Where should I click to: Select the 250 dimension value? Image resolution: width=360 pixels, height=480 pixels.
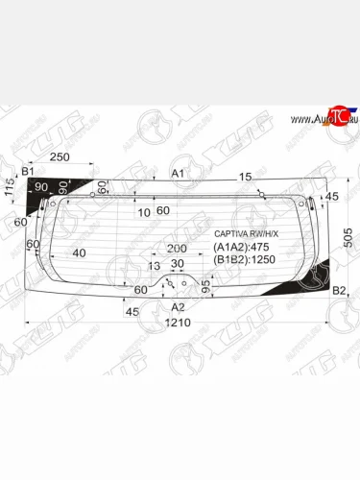click(x=60, y=156)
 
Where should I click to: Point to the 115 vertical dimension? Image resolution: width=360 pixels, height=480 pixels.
click(x=10, y=189)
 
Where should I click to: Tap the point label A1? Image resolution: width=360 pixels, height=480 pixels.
click(x=178, y=174)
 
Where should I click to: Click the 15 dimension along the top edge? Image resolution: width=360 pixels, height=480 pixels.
click(x=246, y=177)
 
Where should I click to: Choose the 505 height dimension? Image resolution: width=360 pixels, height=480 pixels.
click(x=348, y=235)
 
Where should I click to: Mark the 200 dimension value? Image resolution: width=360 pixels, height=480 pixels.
click(x=177, y=248)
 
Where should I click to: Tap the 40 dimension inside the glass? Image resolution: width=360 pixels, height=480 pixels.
click(x=79, y=253)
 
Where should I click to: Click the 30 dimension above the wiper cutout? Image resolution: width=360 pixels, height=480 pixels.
click(x=177, y=264)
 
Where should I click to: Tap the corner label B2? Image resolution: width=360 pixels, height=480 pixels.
click(x=338, y=290)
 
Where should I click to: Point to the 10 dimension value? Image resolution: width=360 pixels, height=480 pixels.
click(x=143, y=211)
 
